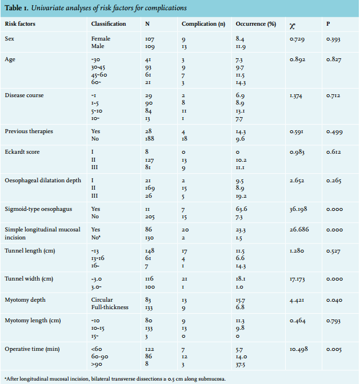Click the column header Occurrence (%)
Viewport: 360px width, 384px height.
click(x=255, y=24)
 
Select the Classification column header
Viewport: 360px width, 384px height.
click(x=109, y=24)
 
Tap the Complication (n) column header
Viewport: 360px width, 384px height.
click(x=203, y=24)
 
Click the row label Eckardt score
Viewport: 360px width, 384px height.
click(x=22, y=152)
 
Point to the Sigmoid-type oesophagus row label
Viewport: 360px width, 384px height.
click(x=38, y=209)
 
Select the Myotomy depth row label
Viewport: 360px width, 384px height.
click(x=25, y=300)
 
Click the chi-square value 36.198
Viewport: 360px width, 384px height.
click(x=298, y=209)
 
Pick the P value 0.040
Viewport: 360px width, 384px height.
click(x=334, y=300)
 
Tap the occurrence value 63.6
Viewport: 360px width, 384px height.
click(x=242, y=209)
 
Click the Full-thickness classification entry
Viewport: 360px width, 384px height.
click(x=110, y=307)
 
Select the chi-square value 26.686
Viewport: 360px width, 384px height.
click(x=299, y=230)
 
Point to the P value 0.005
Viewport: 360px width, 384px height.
click(x=334, y=350)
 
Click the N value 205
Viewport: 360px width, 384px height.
click(x=150, y=217)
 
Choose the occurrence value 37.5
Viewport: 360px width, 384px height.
click(x=241, y=365)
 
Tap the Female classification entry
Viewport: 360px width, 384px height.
click(x=101, y=39)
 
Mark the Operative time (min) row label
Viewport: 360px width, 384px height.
click(x=33, y=349)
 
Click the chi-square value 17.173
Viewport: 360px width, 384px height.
click(x=297, y=279)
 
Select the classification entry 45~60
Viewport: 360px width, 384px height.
click(x=99, y=75)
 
